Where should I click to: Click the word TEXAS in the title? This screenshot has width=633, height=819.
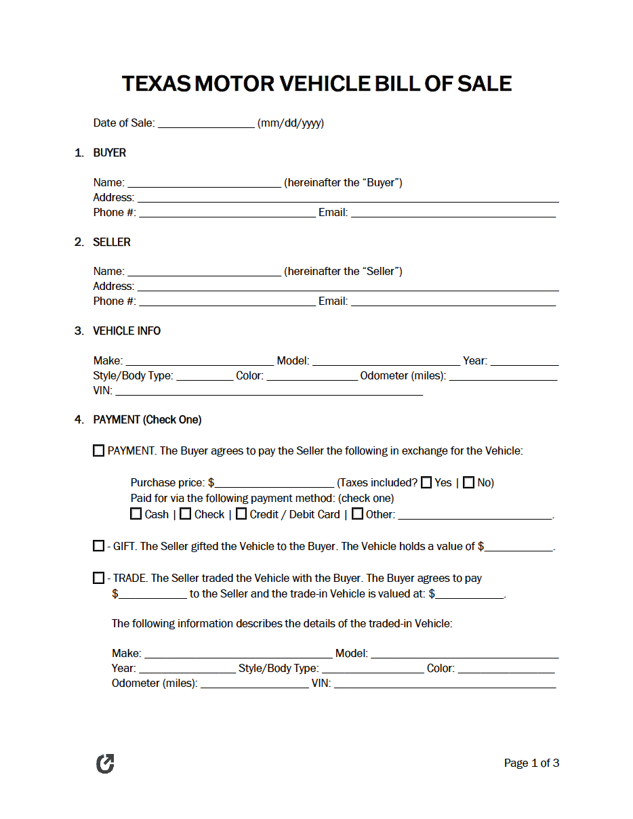156,84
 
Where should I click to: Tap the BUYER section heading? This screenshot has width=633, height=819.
109,153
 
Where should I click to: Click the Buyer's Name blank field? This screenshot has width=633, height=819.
204,183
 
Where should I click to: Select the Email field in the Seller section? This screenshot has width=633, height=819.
453,302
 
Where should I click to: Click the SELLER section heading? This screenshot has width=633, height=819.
112,243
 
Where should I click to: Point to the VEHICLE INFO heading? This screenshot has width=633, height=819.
127,331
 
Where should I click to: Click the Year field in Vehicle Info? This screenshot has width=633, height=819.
524,362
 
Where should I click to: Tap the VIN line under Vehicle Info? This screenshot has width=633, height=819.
269,392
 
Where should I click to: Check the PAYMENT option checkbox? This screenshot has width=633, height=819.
99,451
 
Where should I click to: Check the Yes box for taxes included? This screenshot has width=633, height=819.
426,483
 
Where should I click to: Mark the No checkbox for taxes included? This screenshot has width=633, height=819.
468,483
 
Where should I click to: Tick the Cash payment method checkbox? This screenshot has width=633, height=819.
136,514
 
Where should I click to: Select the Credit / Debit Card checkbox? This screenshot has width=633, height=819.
241,514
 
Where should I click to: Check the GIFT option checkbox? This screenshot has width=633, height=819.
99,547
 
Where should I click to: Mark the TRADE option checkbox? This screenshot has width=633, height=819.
99,579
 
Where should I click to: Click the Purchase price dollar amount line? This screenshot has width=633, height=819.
274,484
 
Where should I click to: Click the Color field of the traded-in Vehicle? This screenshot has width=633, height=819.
506,669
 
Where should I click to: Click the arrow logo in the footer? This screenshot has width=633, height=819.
105,764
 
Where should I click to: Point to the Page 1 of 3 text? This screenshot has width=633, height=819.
531,763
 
